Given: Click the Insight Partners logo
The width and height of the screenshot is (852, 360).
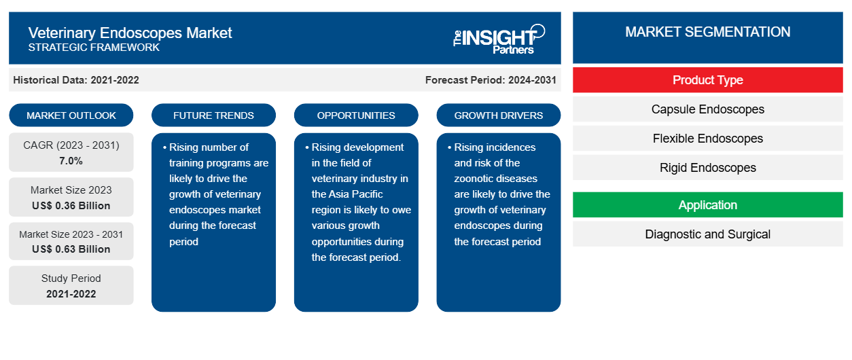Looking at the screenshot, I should [499, 38].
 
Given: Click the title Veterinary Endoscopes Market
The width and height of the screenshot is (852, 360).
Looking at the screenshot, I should [130, 33].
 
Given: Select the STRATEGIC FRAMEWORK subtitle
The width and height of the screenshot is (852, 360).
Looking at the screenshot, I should [94, 48].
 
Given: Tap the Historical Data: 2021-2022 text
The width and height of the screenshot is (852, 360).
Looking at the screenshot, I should [76, 80].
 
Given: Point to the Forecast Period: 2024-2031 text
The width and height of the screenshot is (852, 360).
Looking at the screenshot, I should [491, 80].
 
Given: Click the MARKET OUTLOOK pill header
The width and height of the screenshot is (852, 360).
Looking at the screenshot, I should [71, 115].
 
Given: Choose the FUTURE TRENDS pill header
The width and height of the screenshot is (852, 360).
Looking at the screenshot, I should [213, 115].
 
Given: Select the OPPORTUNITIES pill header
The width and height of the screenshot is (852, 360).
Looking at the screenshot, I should [356, 115].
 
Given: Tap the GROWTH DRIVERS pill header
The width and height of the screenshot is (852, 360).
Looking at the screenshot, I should [499, 115].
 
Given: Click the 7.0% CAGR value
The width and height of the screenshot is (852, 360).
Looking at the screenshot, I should [71, 161].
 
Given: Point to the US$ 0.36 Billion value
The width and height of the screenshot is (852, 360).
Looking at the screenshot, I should [71, 205].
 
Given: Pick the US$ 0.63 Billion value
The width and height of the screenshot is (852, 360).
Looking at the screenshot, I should [71, 249].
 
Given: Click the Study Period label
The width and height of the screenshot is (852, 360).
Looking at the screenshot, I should [71, 278].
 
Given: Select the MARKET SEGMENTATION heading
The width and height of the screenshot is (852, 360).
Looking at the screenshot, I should [707, 32].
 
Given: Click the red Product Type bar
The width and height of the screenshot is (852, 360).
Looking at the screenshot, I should [707, 80].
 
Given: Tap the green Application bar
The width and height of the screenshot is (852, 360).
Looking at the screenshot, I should [707, 205].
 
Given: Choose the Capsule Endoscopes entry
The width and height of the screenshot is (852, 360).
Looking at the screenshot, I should [707, 109].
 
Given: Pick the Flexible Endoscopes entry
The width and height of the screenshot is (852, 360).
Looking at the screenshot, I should [707, 139].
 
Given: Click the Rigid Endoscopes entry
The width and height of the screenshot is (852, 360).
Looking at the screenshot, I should [707, 168].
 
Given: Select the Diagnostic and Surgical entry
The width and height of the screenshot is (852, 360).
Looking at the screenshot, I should [707, 234].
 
